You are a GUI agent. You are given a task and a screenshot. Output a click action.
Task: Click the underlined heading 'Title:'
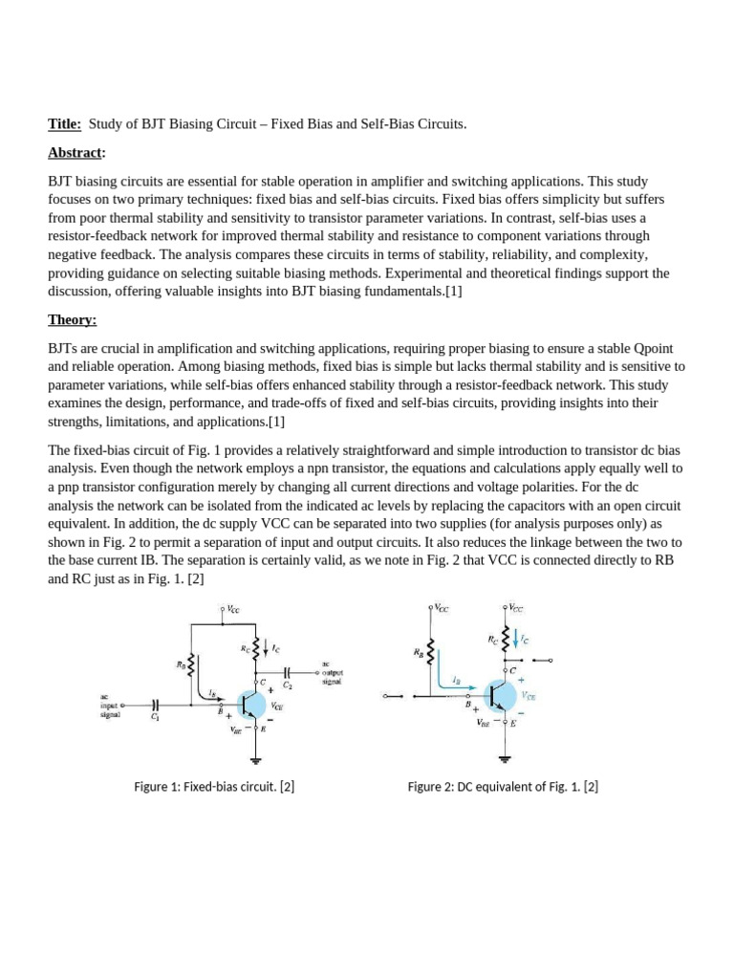click(65, 124)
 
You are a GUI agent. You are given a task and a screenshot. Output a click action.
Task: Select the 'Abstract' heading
click(76, 152)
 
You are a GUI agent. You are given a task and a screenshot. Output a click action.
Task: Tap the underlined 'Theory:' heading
click(73, 319)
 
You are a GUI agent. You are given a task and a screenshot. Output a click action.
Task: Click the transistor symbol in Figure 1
click(251, 704)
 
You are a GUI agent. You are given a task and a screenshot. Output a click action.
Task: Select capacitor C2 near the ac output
click(288, 672)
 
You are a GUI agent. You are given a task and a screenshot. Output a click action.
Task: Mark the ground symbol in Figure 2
click(505, 759)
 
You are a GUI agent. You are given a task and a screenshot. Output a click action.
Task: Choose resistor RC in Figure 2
click(505, 638)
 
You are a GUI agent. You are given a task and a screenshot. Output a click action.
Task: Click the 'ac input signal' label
click(112, 705)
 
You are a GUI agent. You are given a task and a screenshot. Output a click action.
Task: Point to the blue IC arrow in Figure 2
click(517, 636)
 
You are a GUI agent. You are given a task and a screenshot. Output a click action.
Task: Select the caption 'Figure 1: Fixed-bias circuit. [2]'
click(214, 787)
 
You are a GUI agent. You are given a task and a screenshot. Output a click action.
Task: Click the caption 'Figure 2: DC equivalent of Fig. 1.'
click(503, 787)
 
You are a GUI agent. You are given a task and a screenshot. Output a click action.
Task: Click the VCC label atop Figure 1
click(232, 607)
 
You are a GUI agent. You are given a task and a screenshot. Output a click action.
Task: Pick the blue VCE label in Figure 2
click(529, 697)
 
